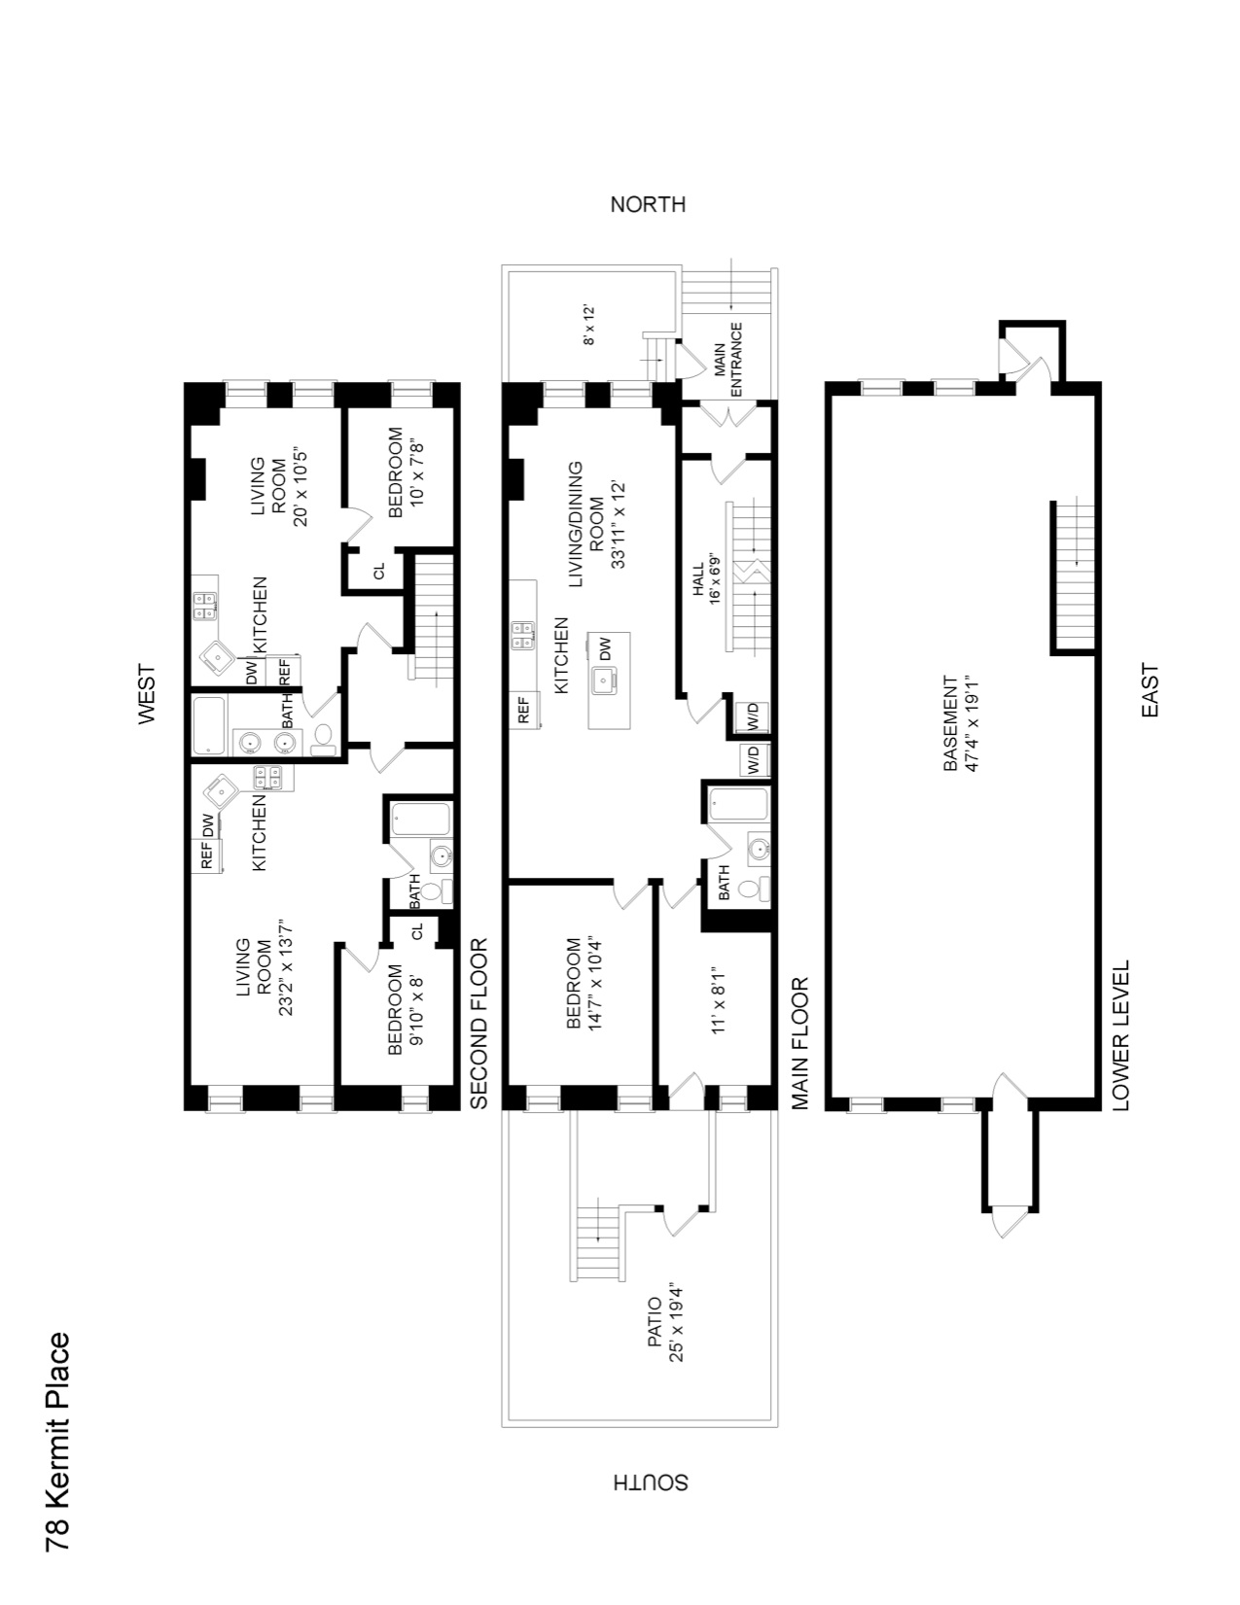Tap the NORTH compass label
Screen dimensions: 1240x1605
point(647,205)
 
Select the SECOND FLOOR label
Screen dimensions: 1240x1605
point(478,1024)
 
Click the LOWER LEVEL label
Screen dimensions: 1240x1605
point(1120,1036)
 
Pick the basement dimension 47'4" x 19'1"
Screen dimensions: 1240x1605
point(969,725)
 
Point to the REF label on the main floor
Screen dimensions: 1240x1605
point(522,710)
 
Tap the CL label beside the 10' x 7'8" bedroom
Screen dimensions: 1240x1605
point(379,571)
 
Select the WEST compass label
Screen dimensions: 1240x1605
point(146,693)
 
